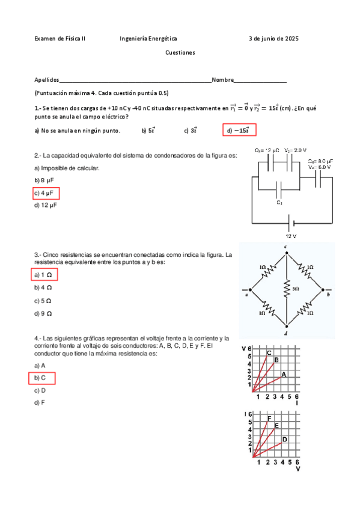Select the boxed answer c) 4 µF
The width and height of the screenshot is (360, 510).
pos(46,193)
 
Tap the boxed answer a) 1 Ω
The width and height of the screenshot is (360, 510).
pos(44,275)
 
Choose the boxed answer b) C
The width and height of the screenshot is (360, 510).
pos(41,378)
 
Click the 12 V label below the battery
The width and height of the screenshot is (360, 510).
pos(291,236)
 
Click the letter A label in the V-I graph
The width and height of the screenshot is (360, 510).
pos(284,374)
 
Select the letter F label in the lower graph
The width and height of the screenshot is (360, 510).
pos(269,418)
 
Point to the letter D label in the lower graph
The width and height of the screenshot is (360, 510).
pos(284,439)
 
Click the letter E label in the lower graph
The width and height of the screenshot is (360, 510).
pos(276,426)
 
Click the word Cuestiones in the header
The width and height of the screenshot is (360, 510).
pos(180,52)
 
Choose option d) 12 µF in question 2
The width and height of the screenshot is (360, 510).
pos(46,206)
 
